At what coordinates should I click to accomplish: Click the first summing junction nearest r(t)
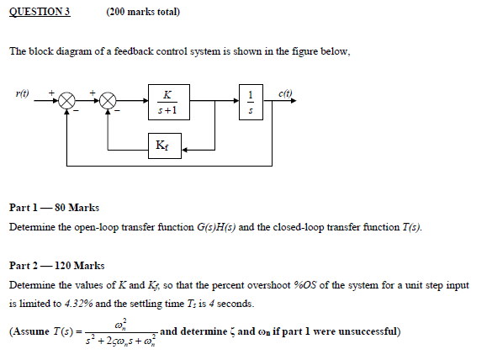coord(66,102)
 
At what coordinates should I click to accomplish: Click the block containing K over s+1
coord(169,101)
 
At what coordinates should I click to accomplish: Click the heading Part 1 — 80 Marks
coord(54,207)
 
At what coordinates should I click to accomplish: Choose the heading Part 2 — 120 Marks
coord(56,265)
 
